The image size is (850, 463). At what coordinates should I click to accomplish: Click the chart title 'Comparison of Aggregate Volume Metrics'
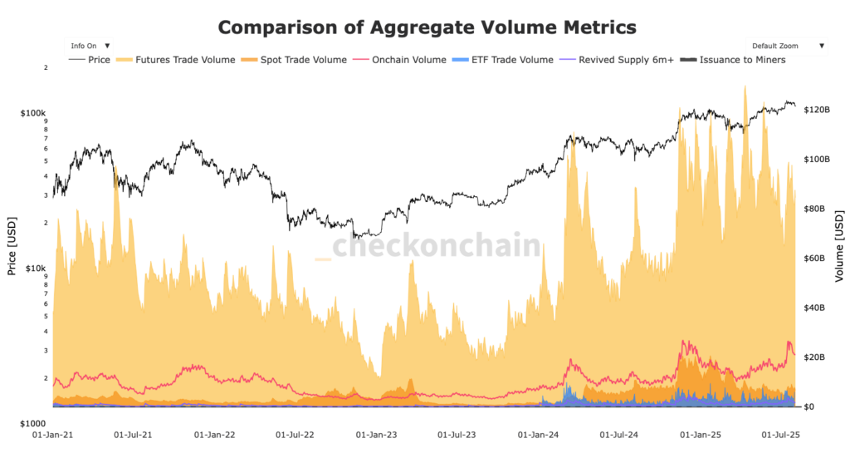427,27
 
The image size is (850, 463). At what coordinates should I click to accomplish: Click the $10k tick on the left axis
35,268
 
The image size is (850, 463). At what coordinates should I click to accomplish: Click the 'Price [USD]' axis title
12,248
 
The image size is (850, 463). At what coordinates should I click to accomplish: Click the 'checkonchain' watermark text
436,246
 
